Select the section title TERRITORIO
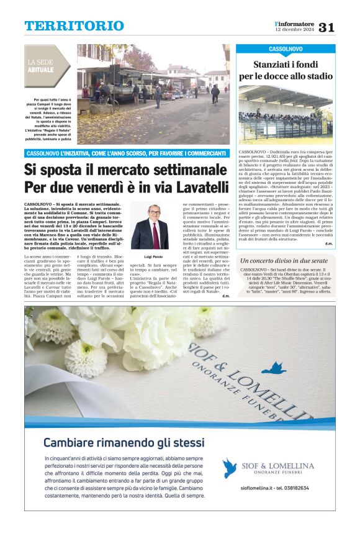(74, 26)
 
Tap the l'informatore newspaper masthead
(295, 24)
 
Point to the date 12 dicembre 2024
(295, 30)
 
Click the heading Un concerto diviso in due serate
(285, 261)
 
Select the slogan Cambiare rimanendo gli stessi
(124, 443)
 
